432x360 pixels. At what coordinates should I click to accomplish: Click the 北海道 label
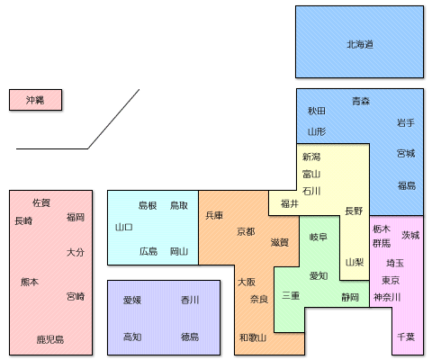[360, 45]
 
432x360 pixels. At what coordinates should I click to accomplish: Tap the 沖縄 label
[35, 100]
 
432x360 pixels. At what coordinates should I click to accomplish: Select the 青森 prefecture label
[361, 101]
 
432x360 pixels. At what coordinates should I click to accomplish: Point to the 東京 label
[391, 280]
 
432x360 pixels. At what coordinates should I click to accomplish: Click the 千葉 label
[406, 337]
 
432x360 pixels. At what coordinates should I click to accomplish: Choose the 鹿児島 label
[50, 339]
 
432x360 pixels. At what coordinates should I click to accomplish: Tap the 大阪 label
[247, 282]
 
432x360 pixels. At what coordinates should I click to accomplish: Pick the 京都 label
[246, 231]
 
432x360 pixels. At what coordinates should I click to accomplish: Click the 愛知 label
[319, 275]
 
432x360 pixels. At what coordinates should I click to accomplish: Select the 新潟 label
[311, 157]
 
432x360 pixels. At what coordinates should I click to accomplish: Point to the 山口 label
[124, 227]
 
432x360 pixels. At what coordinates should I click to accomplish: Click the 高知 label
[132, 337]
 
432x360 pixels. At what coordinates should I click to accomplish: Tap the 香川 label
[190, 300]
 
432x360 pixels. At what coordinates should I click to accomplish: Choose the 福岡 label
[76, 217]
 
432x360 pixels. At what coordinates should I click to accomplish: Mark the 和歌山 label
[253, 337]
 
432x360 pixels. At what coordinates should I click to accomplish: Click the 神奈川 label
[387, 297]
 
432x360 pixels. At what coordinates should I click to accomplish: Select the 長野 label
[354, 211]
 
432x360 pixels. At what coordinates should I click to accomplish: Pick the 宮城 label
[406, 154]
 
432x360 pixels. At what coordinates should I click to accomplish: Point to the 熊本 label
[30, 282]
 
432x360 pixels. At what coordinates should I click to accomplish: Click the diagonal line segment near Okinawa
[113, 119]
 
